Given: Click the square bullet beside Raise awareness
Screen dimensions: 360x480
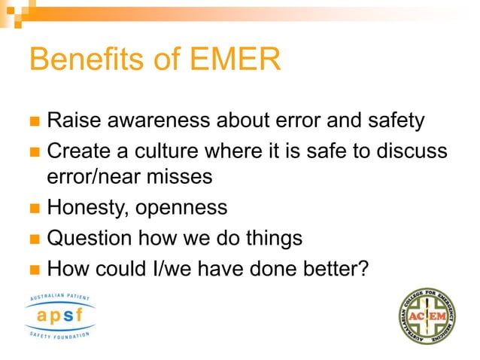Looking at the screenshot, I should (33, 121).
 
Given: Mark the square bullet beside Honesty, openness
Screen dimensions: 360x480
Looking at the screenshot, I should (33, 208).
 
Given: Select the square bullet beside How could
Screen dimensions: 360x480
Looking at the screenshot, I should (33, 269).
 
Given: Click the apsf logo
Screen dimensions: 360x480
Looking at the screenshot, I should (60, 316).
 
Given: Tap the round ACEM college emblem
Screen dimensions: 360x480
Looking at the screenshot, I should (427, 316).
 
